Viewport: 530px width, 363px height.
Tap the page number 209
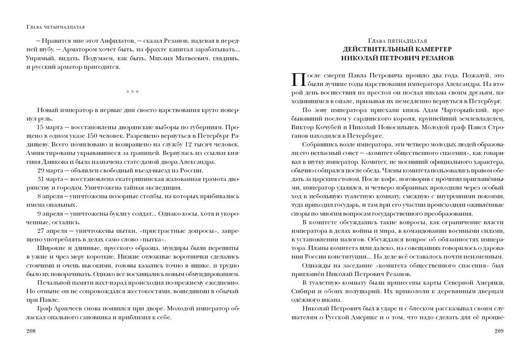(499, 331)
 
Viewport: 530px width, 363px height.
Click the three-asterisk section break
(132, 92)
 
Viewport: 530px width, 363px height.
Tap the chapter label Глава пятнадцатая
(397, 40)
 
